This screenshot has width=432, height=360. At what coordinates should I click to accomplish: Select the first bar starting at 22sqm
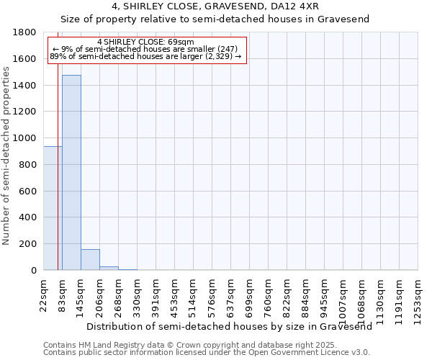(x=52, y=208)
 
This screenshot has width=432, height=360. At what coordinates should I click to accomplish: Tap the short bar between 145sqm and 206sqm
(x=90, y=259)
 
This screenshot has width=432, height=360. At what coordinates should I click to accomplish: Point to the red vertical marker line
(x=58, y=180)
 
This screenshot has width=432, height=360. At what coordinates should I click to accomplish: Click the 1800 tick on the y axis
(x=26, y=32)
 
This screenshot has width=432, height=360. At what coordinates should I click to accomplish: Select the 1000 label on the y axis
(x=26, y=138)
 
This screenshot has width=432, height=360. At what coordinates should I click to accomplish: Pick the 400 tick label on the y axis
(x=29, y=217)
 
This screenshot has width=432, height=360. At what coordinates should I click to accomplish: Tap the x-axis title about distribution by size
(x=224, y=326)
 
